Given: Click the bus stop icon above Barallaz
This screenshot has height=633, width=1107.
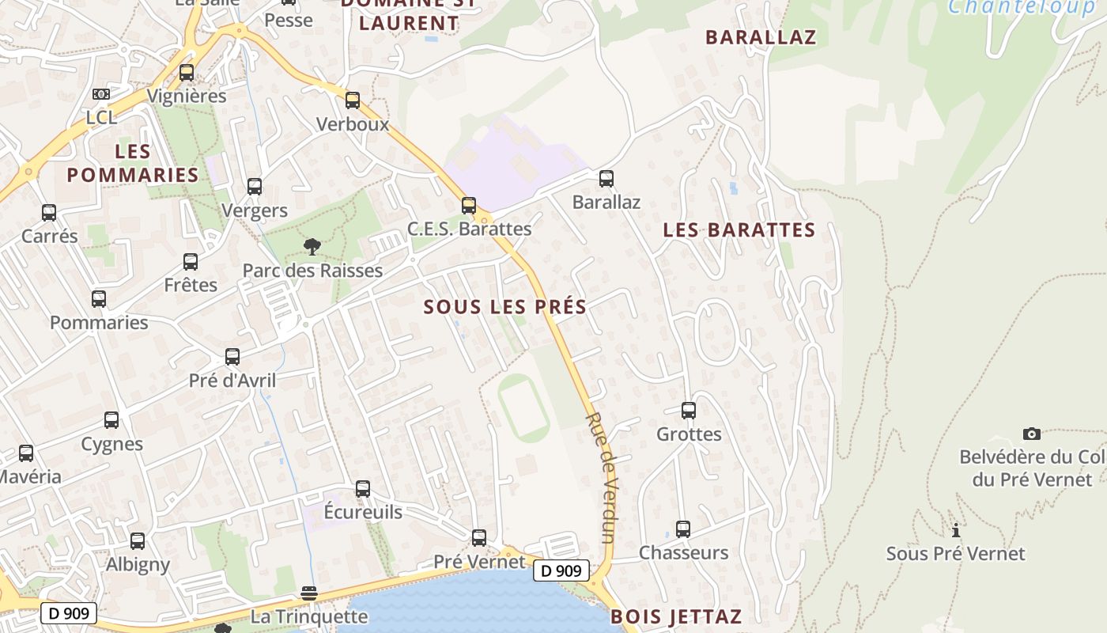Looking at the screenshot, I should coord(606,179).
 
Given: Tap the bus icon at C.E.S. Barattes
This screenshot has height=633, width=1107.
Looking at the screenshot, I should coord(469,206).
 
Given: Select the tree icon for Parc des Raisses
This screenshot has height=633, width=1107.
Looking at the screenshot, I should coord(312,246).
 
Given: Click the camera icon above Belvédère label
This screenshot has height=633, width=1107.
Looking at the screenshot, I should coord(1031,434).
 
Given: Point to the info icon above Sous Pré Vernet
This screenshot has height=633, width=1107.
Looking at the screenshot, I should coord(955,530).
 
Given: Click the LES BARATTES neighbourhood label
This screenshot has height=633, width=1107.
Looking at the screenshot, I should coord(739,230).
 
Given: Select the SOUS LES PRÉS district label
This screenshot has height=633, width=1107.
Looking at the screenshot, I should coord(505,307).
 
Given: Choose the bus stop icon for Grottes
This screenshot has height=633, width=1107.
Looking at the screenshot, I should coord(689,411).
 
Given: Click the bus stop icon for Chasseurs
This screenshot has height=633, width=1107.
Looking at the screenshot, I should coord(683,529).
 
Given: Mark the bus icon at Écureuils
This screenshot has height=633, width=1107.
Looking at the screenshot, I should coord(363,489).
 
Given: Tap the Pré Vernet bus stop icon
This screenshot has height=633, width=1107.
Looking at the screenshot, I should coord(479,538).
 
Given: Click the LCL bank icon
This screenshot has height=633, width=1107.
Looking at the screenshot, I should coord(101,94).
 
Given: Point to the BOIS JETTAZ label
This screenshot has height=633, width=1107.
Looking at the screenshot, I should coord(676,616).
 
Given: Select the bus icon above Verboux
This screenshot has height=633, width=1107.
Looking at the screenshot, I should coord(353,100).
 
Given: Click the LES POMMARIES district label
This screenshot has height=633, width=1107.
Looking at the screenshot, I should coord(132,163).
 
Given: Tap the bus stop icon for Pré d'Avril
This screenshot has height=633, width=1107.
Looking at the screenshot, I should coord(232,357).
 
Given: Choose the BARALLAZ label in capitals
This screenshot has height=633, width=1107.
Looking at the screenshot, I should coord(761,37).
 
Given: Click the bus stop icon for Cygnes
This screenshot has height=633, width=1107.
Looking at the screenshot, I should coord(111,420).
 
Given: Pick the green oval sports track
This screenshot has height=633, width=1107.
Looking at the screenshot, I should coord(523,408).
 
